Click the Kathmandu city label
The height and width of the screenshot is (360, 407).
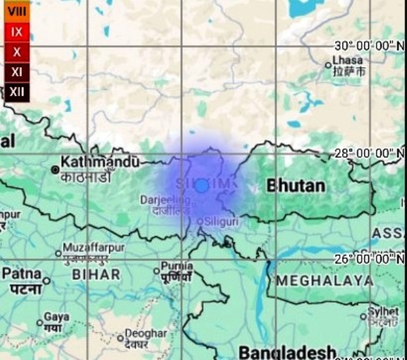click(100, 162)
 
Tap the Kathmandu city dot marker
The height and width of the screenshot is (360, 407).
click(55, 169)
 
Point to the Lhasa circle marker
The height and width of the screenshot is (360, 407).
click(328, 66)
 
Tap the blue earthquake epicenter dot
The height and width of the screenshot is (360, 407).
click(201, 186)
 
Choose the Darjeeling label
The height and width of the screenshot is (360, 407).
click(166, 200)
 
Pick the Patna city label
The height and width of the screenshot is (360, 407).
click(22, 273)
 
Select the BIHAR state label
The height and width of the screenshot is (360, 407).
click(96, 275)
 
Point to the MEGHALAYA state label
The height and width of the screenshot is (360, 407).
click(324, 280)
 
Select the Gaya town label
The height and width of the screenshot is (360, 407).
click(56, 317)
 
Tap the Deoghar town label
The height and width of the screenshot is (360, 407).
click(146, 334)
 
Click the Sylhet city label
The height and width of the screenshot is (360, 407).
click(384, 311)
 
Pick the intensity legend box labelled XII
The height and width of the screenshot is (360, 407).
click(17, 91)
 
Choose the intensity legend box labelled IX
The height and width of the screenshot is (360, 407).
click(17, 32)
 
